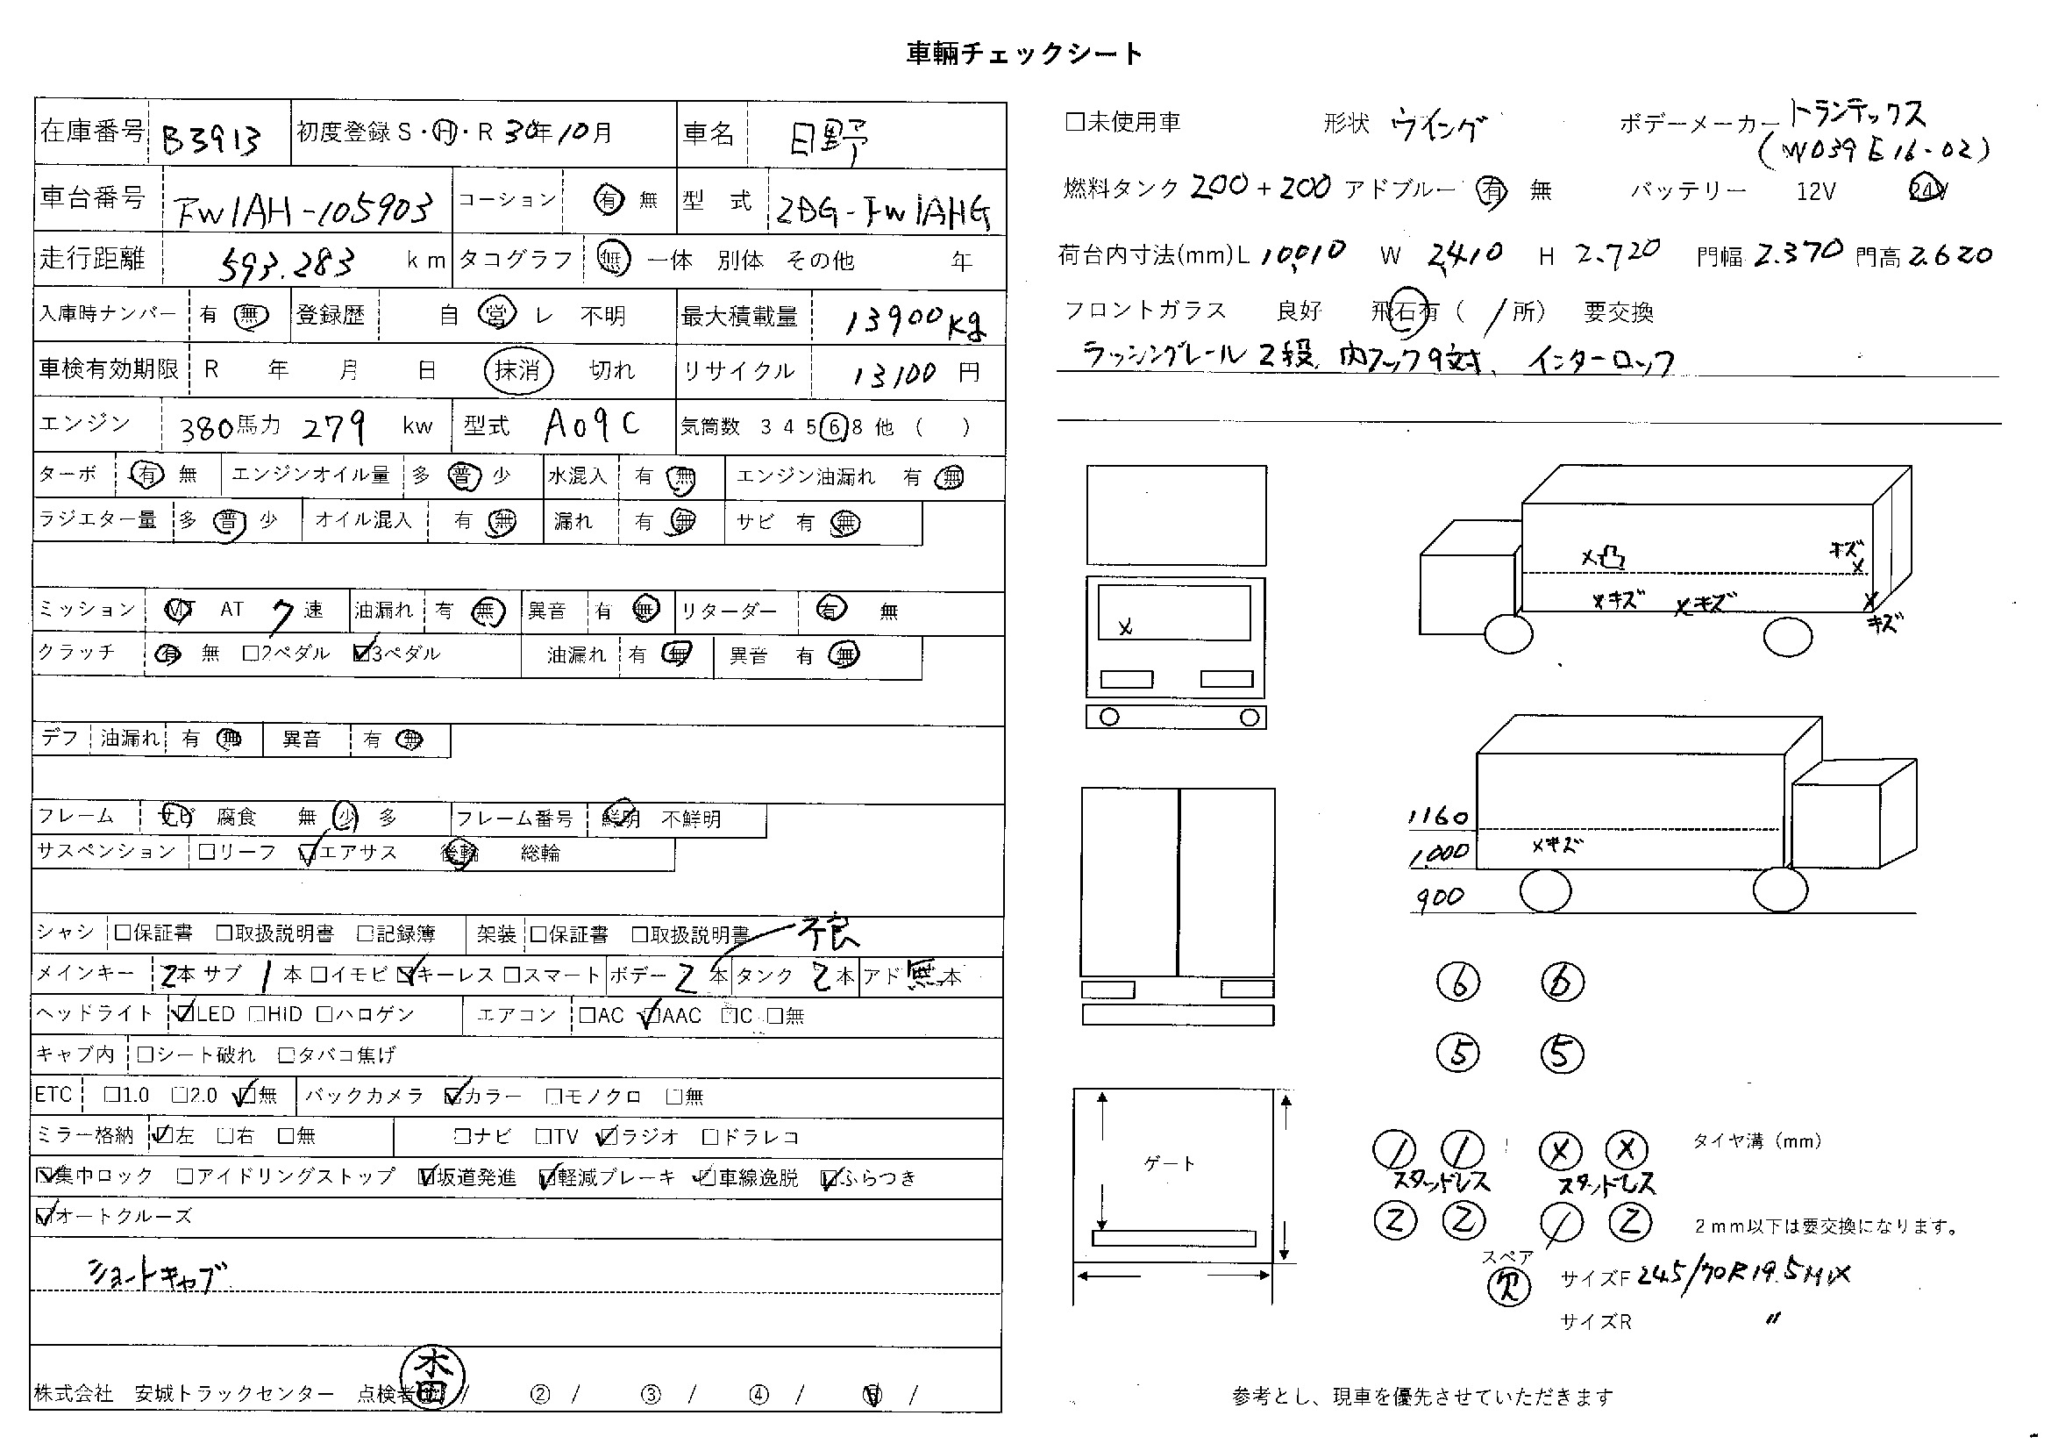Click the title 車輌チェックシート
[x=1023, y=54]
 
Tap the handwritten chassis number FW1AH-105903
[x=303, y=209]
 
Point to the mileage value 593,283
[x=286, y=262]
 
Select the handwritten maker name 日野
[x=827, y=139]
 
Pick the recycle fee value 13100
[x=894, y=374]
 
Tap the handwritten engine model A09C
[x=592, y=425]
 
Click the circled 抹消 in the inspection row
[x=518, y=370]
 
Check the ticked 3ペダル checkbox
[x=362, y=654]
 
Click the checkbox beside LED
[x=185, y=1013]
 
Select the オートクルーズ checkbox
[x=44, y=1216]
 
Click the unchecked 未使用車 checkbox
[x=1075, y=123]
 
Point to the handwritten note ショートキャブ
[x=157, y=1275]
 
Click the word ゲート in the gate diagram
[x=1168, y=1163]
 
